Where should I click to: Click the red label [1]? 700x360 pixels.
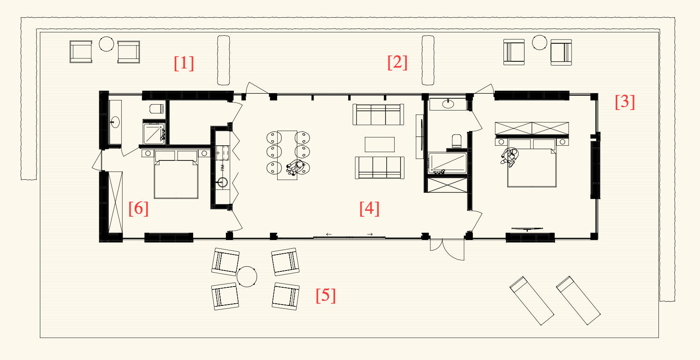tap(184, 63)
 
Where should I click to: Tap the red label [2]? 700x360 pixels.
tap(397, 62)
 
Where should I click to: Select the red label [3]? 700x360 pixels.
tap(625, 102)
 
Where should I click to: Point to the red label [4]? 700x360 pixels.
tap(370, 208)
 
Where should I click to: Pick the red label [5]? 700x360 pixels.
tap(326, 295)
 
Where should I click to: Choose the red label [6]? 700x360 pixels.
tap(139, 208)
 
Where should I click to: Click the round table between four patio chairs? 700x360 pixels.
tap(247, 276)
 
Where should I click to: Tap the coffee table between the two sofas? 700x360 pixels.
tap(380, 145)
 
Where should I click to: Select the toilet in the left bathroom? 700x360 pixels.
tap(156, 109)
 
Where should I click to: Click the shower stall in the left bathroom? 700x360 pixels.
tap(154, 133)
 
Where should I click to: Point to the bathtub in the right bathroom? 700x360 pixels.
tap(447, 163)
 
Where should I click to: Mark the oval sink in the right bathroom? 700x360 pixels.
tap(448, 103)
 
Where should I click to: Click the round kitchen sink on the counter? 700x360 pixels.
tap(222, 182)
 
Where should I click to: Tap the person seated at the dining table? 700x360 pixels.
tap(296, 167)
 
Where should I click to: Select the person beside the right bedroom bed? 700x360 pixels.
tap(510, 157)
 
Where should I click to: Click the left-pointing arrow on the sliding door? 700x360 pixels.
tap(329, 234)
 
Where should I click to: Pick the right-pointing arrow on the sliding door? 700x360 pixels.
tap(370, 234)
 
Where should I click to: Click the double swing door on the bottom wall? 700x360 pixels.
tap(447, 249)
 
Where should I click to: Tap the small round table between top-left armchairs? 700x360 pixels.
tap(106, 44)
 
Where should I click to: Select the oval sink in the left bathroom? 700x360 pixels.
tap(115, 122)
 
